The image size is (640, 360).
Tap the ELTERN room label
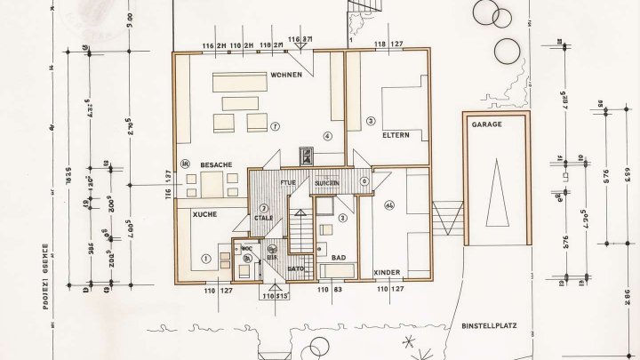pos(396,135)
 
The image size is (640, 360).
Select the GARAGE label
pos(488,125)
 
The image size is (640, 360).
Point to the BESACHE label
pos(216,164)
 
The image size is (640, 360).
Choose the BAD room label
pos(338,257)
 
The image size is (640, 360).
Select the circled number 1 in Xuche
pos(205,259)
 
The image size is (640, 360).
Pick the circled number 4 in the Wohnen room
pos(327,136)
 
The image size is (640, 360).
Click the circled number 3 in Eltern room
pos(371,120)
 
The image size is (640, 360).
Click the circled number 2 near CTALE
pos(264,208)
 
